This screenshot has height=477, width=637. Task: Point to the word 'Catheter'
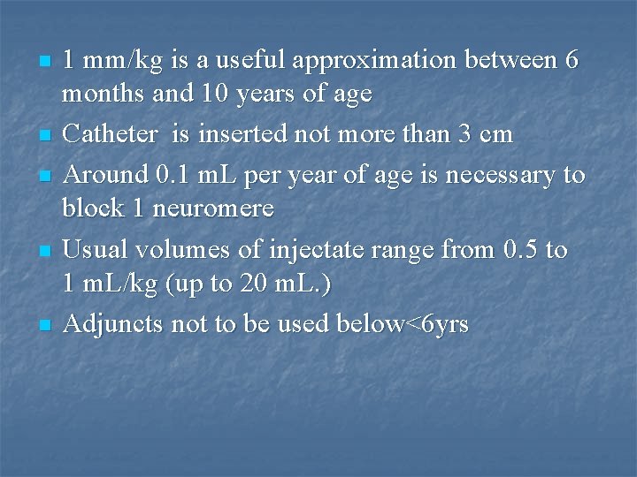tap(111, 135)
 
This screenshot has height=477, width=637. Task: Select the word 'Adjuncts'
tap(113, 324)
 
